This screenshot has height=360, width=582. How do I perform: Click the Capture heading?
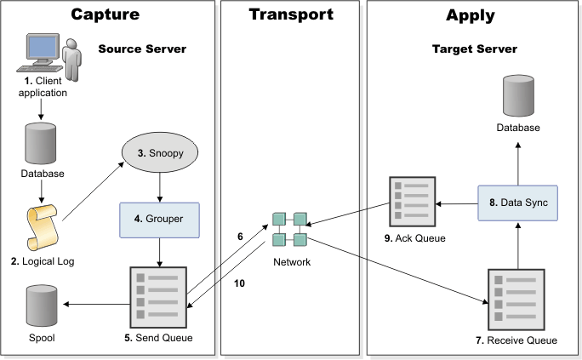pos(106,14)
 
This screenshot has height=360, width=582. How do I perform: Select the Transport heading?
pos(291,14)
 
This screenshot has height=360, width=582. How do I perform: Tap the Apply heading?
pos(471,14)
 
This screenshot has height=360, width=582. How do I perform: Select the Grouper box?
pos(160,219)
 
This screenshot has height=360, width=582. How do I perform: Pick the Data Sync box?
pos(517,204)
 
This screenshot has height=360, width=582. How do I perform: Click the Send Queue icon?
pos(159,295)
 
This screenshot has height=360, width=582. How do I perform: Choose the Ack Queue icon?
pos(413,202)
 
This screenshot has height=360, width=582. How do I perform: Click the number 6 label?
pos(241,237)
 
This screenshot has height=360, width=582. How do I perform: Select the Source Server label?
pos(142,49)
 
